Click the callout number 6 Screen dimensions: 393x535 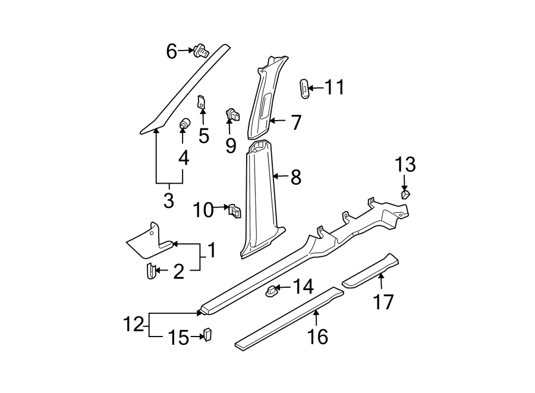[x=171, y=52]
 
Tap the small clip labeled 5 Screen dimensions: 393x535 [x=202, y=102]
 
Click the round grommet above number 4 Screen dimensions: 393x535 [x=184, y=124]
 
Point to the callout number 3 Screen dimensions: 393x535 [x=168, y=200]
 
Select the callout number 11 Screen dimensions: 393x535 [x=334, y=88]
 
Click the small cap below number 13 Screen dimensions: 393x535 [x=406, y=193]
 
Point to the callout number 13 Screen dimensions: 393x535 [x=405, y=165]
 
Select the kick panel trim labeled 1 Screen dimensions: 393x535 [x=149, y=241]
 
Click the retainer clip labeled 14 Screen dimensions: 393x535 [x=272, y=290]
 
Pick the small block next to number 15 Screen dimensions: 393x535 [x=207, y=335]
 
